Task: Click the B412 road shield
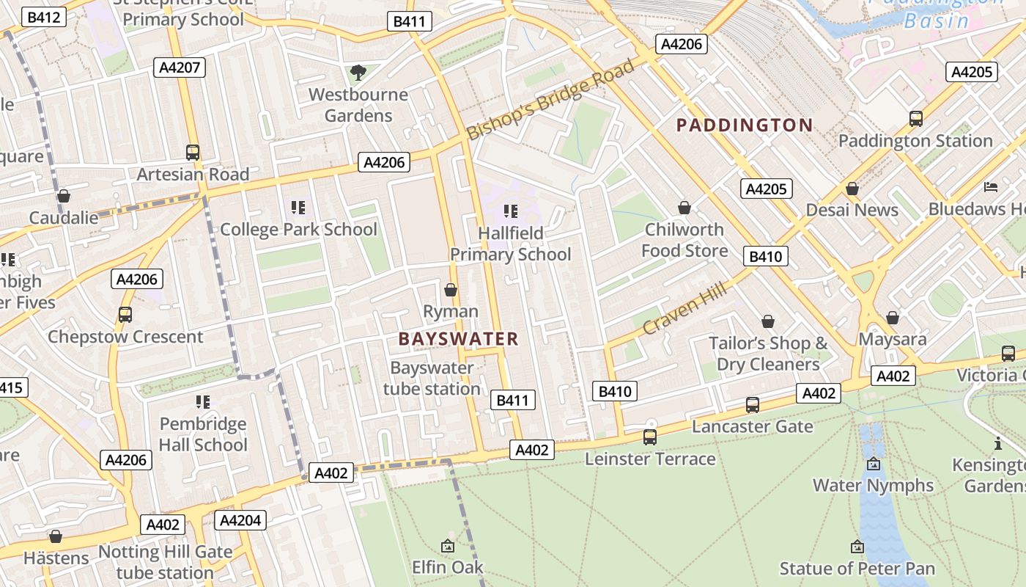44,17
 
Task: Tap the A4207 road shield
180,68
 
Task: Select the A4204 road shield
240,520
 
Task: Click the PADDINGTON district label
745,125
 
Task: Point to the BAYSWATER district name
458,339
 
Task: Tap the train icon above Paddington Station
915,119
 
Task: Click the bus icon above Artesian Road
193,153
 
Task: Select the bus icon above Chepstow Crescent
125,315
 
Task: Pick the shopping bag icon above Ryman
451,291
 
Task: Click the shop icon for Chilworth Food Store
684,208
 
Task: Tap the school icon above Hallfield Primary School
511,212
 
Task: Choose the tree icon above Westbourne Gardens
358,73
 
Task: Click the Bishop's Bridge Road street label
551,100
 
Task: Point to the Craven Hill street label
685,307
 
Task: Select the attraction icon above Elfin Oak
447,546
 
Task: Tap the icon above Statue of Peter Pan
857,547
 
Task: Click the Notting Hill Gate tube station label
165,562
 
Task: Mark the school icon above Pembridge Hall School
203,402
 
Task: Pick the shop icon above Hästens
56,536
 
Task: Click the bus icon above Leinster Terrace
649,437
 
